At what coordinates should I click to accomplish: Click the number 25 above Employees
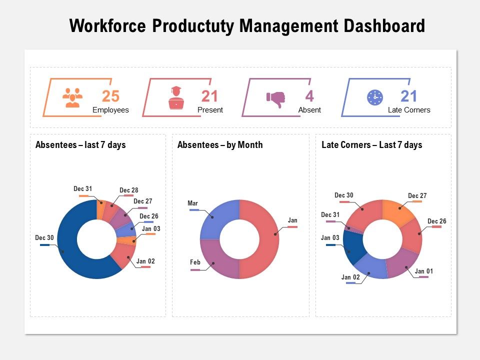pos(110,96)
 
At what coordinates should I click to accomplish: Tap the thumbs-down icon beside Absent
pos(275,99)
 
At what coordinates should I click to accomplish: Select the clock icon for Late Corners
pos(374,97)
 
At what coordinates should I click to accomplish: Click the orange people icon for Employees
pos(72,97)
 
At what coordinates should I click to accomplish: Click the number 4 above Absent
pos(309,96)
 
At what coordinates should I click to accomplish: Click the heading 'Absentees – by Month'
pos(220,145)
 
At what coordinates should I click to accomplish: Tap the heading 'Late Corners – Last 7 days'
pos(371,145)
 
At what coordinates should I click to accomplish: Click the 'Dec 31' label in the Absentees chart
pos(82,189)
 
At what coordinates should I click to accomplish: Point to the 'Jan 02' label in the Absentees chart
pos(145,261)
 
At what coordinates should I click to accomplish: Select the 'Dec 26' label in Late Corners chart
pos(436,221)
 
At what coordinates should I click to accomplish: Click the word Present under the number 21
pos(210,110)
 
